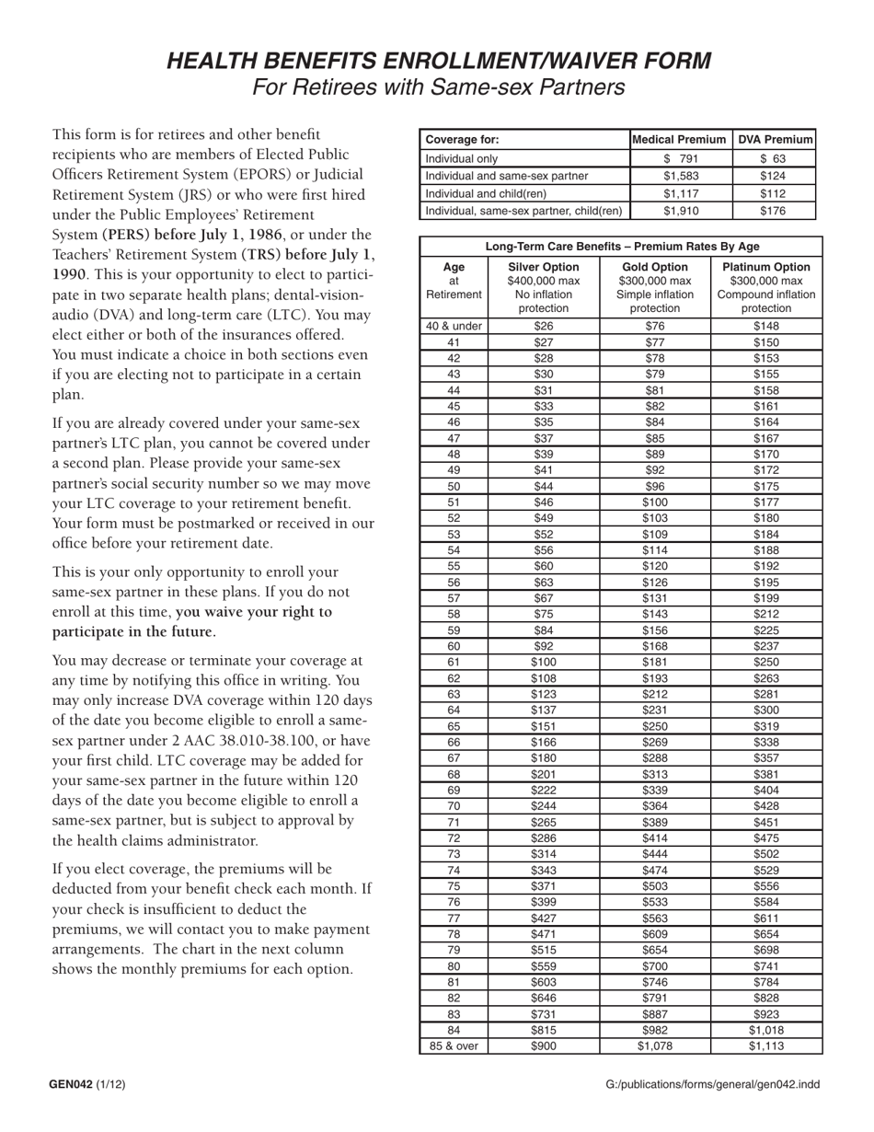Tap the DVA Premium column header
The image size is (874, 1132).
tap(776, 140)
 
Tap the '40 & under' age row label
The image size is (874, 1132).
tap(454, 326)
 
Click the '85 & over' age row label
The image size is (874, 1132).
tap(454, 1046)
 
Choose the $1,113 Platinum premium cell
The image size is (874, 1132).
tap(765, 1046)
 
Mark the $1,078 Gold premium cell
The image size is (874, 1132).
tap(655, 1046)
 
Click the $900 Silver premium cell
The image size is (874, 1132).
tap(544, 1046)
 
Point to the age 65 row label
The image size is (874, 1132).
tap(454, 726)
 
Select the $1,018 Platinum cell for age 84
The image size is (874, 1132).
tap(765, 1030)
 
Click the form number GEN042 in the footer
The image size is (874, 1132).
tap(72, 1084)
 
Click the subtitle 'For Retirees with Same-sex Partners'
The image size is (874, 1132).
tap(438, 87)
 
